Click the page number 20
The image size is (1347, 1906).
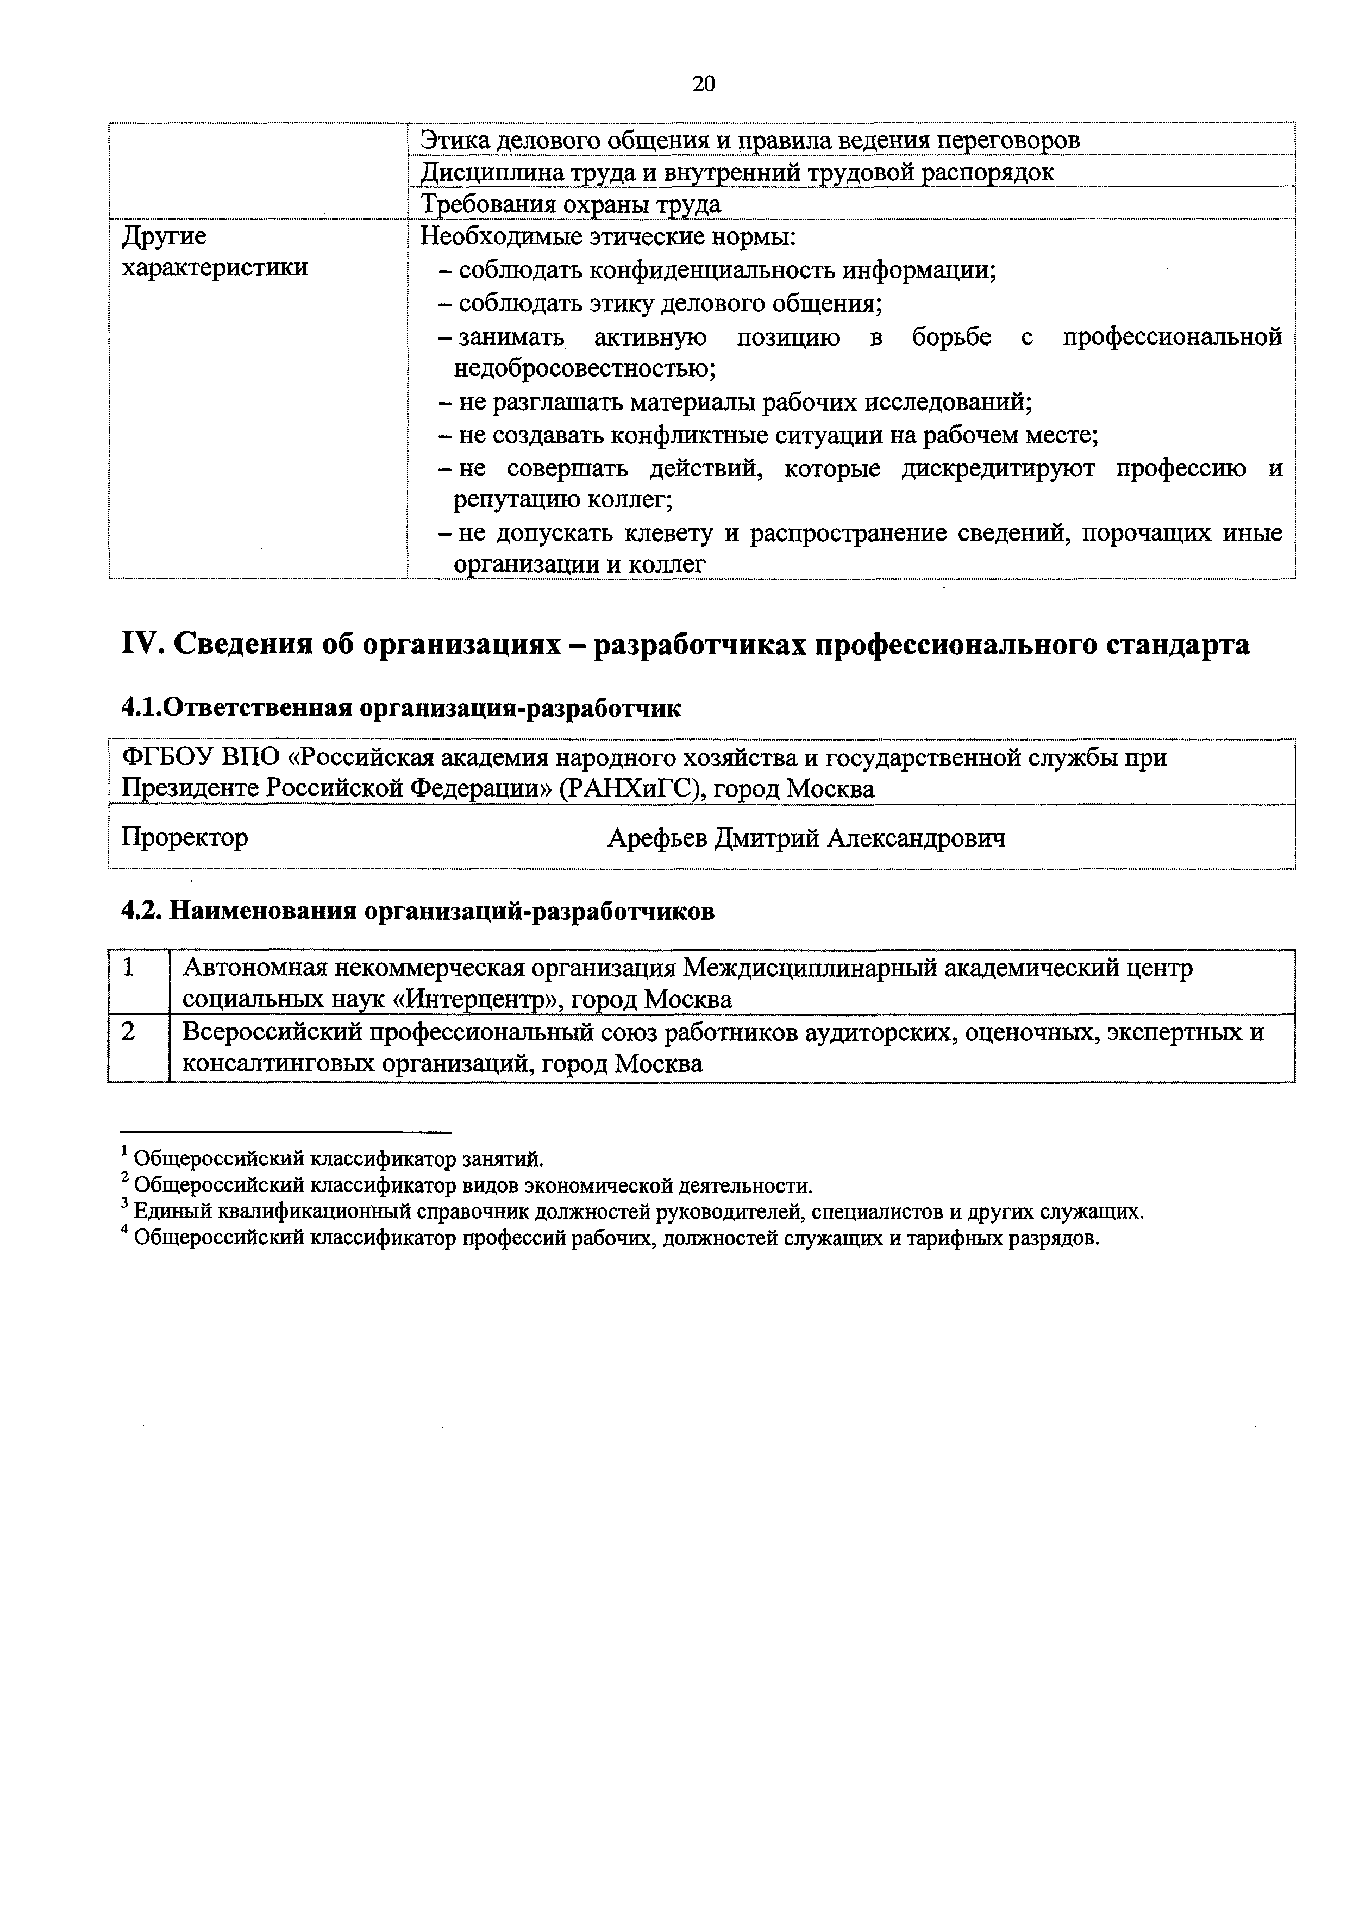tap(703, 84)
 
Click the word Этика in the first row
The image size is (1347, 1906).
tap(454, 140)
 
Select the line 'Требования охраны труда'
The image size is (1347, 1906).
tap(571, 204)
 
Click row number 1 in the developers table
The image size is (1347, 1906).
tap(129, 967)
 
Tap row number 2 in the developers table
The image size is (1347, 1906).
tap(129, 1032)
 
